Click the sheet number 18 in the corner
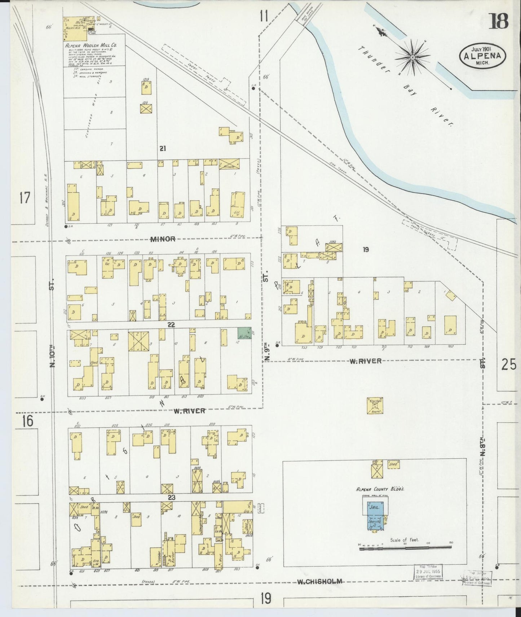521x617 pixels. pos(499,21)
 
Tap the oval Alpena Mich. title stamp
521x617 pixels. pos(482,56)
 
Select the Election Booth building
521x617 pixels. pos(375,406)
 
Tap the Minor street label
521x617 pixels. pos(163,239)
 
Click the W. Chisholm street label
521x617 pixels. pos(319,581)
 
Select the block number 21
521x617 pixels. pos(163,148)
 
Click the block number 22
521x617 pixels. pos(171,325)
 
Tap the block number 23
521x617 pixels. pos(172,498)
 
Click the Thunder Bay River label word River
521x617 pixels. pos(442,116)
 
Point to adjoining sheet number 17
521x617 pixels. pos(25,198)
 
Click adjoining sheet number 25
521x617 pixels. pos(509,365)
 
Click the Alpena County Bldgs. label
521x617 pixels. pos(380,489)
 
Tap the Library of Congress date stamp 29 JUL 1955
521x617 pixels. pos(428,572)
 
